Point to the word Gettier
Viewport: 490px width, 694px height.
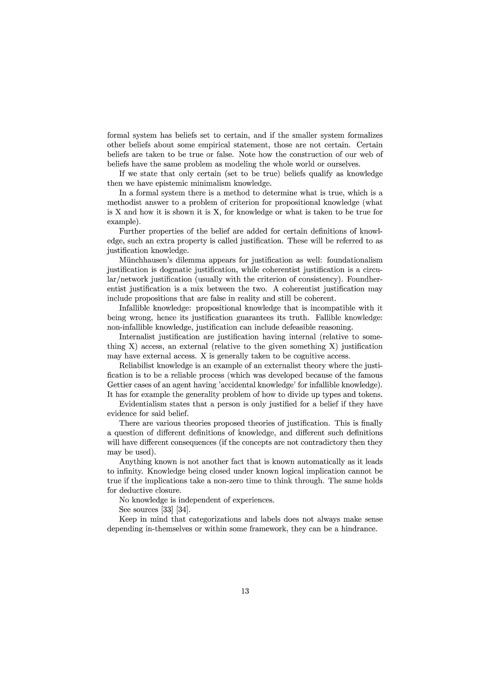[x=118, y=385]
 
